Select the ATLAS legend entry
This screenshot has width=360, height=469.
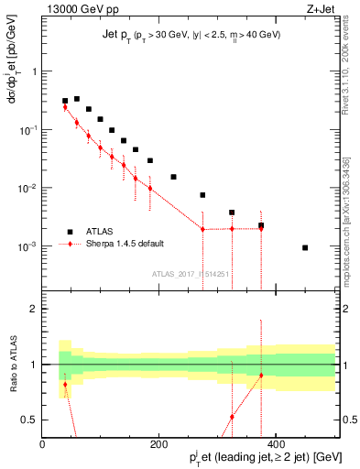click(x=102, y=232)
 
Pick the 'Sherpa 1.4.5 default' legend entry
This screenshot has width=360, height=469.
click(x=128, y=245)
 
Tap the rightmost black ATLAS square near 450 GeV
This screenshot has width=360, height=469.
click(x=305, y=247)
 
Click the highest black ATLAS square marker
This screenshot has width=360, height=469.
click(x=77, y=99)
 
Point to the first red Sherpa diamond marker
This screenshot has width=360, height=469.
click(x=65, y=107)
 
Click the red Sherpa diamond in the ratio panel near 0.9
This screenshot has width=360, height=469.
click(x=261, y=376)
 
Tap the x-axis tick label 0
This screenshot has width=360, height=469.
click(x=42, y=443)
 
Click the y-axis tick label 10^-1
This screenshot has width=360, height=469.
click(x=27, y=130)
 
